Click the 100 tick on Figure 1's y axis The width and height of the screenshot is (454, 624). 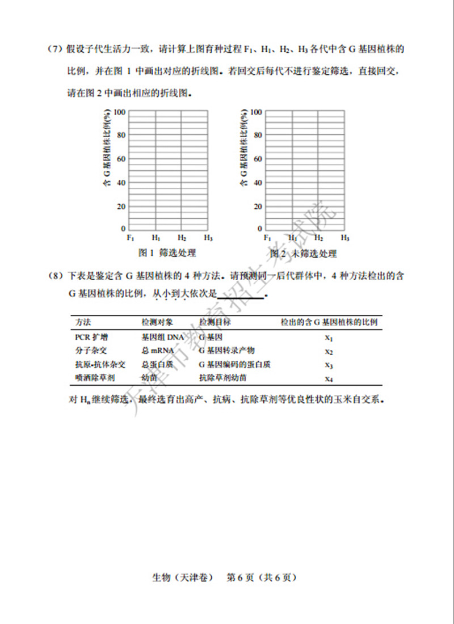click(120, 112)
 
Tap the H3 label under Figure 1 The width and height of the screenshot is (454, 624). click(208, 238)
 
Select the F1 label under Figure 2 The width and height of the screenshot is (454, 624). click(267, 238)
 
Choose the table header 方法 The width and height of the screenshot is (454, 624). click(83, 322)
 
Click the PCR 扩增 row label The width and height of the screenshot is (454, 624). click(91, 337)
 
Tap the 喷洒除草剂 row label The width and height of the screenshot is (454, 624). click(95, 377)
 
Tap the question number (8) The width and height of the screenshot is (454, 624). click(54, 276)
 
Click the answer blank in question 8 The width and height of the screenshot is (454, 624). click(241, 294)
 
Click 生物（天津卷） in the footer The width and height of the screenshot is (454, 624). click(183, 578)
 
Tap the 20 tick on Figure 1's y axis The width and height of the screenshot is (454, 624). click(121, 206)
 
